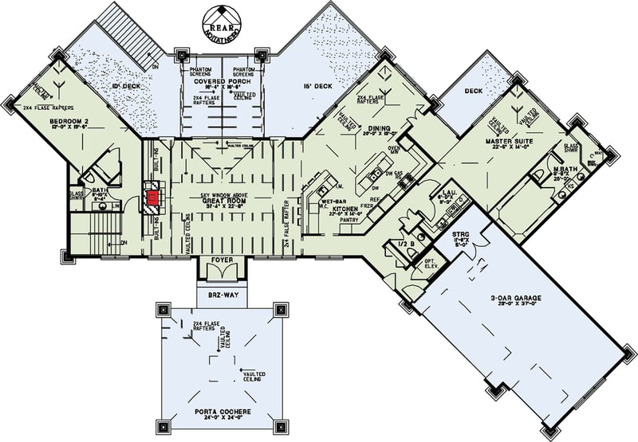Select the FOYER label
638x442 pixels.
[218, 260]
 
